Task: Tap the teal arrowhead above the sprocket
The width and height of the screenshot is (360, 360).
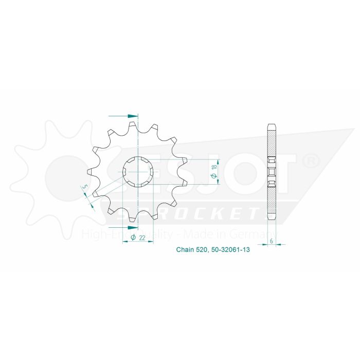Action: (x=133, y=116)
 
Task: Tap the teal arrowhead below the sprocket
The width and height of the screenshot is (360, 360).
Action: (x=133, y=227)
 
